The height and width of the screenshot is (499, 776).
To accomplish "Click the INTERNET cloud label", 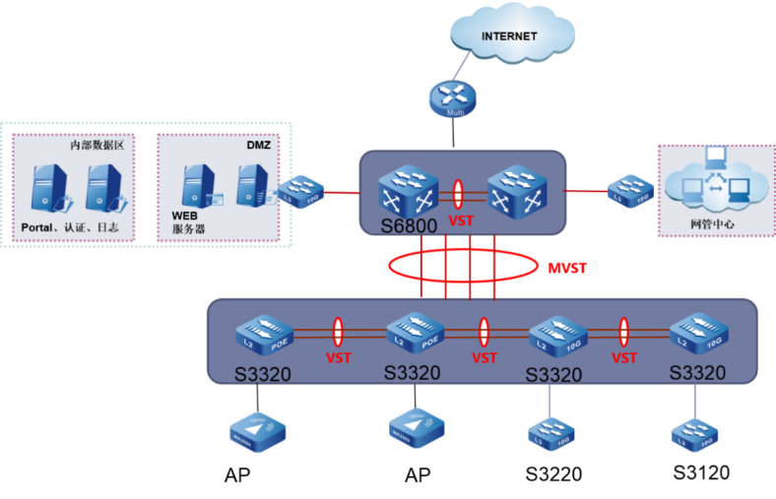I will pyautogui.click(x=509, y=36).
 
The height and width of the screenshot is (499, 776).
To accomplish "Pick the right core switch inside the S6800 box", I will pyautogui.click(x=517, y=189).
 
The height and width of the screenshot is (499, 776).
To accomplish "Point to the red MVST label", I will pyautogui.click(x=567, y=267).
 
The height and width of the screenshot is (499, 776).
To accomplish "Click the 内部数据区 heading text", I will pyautogui.click(x=96, y=145).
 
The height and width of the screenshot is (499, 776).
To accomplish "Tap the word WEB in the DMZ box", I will pyautogui.click(x=185, y=215).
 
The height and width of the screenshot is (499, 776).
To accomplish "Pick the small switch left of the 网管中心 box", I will pyautogui.click(x=630, y=189).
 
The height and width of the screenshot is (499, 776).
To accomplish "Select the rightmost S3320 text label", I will pyautogui.click(x=697, y=373).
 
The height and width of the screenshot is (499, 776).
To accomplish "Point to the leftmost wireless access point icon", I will pyautogui.click(x=258, y=431).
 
